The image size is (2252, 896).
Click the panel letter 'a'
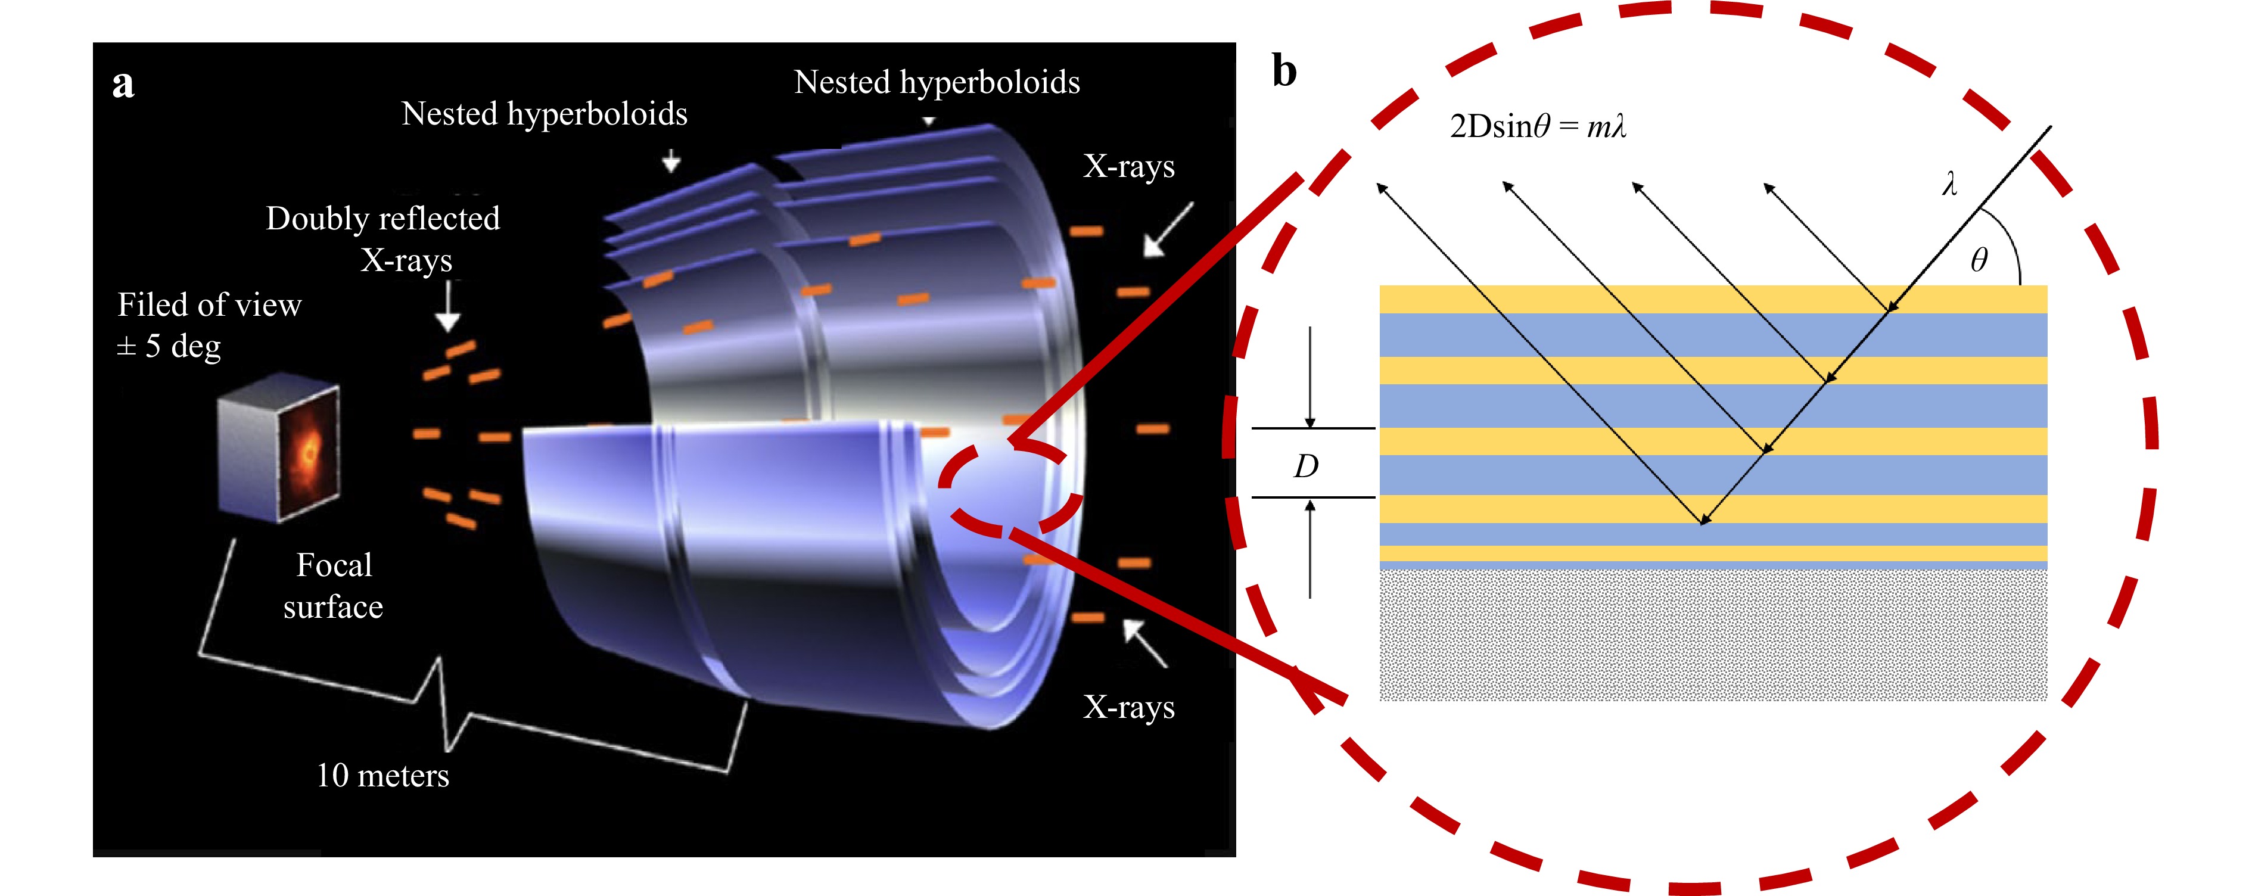click(123, 85)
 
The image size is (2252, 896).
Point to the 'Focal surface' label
click(333, 585)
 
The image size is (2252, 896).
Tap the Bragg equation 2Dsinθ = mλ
click(1538, 127)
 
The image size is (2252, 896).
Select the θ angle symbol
click(1979, 260)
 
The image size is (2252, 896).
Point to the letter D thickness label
click(1305, 466)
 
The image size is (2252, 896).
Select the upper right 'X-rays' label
click(1128, 166)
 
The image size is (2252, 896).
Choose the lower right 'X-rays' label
click(1128, 707)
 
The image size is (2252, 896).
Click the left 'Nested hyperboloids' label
click(544, 114)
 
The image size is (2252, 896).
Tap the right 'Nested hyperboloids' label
click(937, 82)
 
